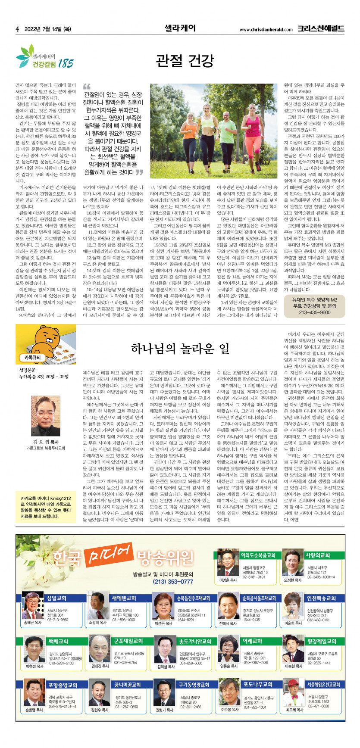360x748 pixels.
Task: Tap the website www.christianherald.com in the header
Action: tap(266, 30)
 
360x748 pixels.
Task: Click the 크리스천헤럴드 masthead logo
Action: tap(320, 29)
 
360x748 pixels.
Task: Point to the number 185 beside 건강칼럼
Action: tap(66, 63)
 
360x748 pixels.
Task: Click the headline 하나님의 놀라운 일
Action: tap(180, 348)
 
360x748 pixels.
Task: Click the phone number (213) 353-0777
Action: tap(172, 581)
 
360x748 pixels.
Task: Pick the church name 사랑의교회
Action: tap(317, 555)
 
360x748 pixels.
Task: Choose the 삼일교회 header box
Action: tap(56, 598)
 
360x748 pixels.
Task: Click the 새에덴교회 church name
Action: tap(124, 598)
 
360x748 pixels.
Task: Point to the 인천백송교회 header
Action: tap(321, 598)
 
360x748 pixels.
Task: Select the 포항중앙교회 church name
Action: tap(63, 685)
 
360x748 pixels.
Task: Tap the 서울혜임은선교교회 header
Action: tap(323, 685)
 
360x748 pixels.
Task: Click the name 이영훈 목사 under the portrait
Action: tap(228, 580)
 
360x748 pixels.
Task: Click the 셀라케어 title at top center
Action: tap(180, 28)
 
